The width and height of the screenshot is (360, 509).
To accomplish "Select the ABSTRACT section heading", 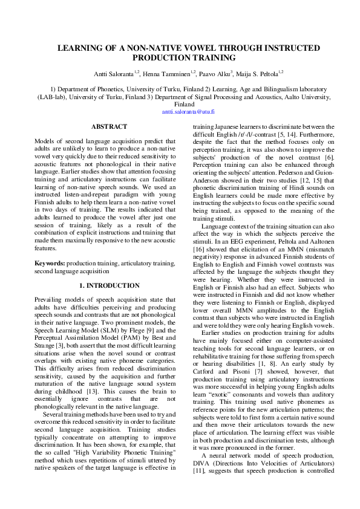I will point(109,126).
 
